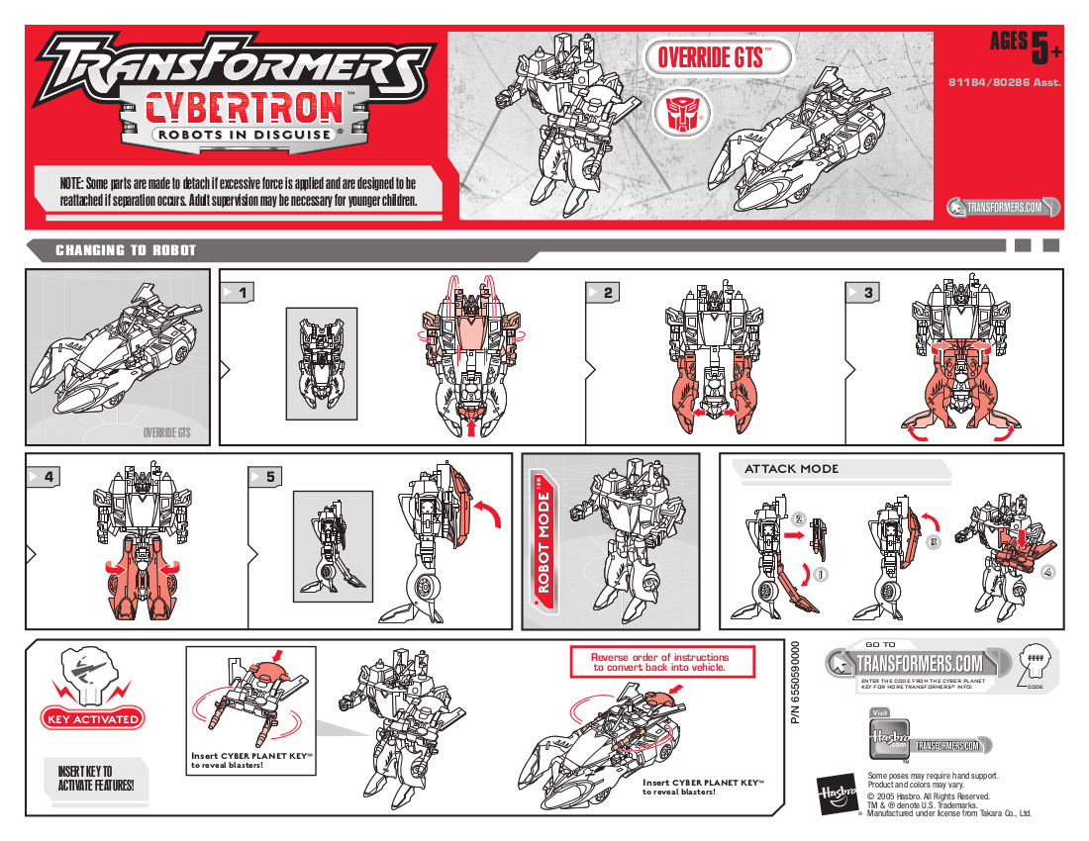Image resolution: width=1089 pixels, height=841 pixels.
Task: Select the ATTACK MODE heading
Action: (x=791, y=469)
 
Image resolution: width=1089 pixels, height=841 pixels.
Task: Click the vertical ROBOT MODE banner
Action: (x=544, y=541)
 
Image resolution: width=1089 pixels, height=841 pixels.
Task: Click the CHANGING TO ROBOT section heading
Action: (x=126, y=250)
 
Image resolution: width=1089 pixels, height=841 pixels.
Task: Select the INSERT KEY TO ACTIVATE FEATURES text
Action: (x=89, y=779)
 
